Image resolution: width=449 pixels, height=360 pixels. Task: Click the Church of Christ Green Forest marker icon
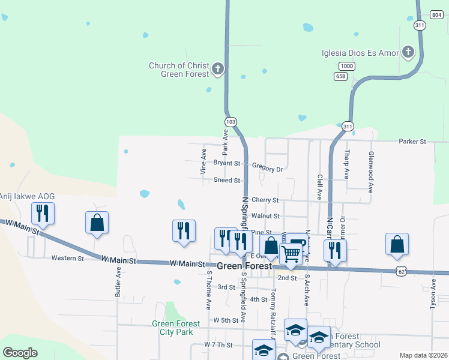tap(217, 70)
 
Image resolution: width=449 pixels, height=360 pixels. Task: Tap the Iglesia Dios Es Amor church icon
tap(408, 52)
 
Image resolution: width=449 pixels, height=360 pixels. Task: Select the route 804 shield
tap(436, 14)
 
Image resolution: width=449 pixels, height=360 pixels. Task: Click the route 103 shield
tap(231, 121)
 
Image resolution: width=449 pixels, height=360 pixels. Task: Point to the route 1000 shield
tap(346, 65)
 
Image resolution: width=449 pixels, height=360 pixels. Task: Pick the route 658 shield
tap(341, 76)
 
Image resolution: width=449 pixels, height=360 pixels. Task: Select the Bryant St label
tap(226, 163)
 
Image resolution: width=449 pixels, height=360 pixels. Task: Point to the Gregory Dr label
tap(267, 169)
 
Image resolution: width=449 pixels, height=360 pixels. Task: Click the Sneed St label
tap(227, 180)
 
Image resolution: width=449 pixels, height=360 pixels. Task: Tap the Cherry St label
tap(265, 200)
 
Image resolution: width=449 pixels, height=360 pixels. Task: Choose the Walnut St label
tap(266, 215)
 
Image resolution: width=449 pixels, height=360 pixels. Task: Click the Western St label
tap(67, 258)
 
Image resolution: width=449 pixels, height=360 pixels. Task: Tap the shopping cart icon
tap(291, 254)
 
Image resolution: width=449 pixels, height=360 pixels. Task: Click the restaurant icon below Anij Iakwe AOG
tap(43, 213)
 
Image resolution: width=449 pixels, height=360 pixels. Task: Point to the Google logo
tap(20, 352)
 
